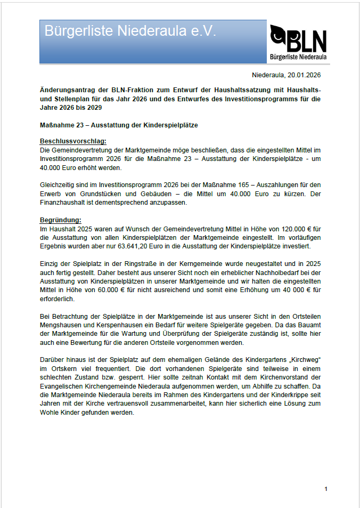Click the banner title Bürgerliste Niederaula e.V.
click(x=130, y=31)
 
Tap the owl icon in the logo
click(x=279, y=36)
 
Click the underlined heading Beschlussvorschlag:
click(x=73, y=141)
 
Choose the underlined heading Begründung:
click(x=61, y=220)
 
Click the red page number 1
click(x=325, y=489)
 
